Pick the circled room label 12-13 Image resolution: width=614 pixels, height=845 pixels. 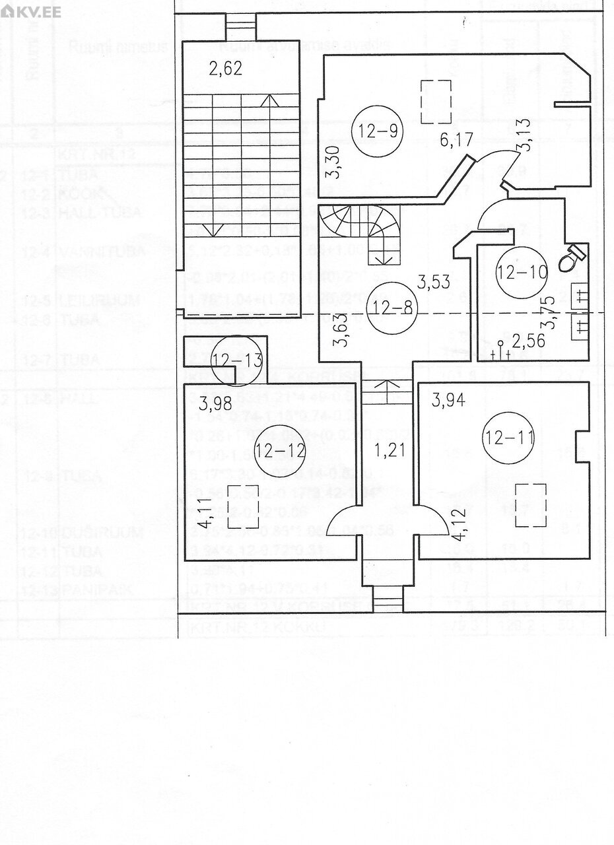pyautogui.click(x=237, y=360)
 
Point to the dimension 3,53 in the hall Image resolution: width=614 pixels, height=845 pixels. pyautogui.click(x=433, y=282)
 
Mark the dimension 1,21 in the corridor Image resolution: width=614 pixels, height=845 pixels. pyautogui.click(x=388, y=452)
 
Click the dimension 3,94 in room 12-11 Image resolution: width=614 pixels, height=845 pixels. pyautogui.click(x=448, y=399)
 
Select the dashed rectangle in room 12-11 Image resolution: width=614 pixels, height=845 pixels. pyautogui.click(x=530, y=505)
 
